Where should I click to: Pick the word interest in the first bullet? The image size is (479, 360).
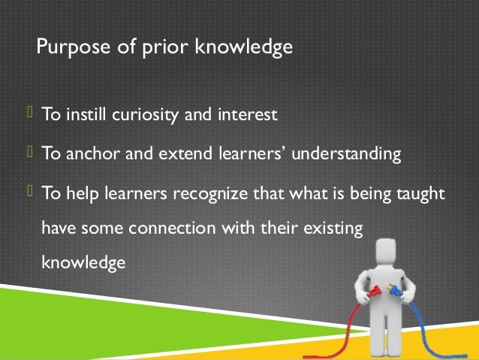[x=249, y=116]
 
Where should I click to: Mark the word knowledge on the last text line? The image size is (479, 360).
[x=82, y=263]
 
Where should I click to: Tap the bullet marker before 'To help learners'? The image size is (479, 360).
[x=31, y=192]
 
